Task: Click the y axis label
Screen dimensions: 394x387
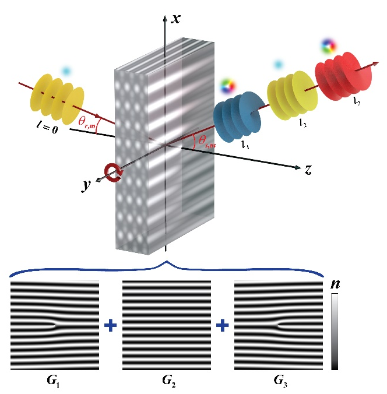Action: [x=87, y=185]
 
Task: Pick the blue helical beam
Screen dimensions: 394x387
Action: [x=235, y=115]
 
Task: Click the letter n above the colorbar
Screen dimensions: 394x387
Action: [x=335, y=285]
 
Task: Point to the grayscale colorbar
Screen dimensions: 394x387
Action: [x=335, y=332]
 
